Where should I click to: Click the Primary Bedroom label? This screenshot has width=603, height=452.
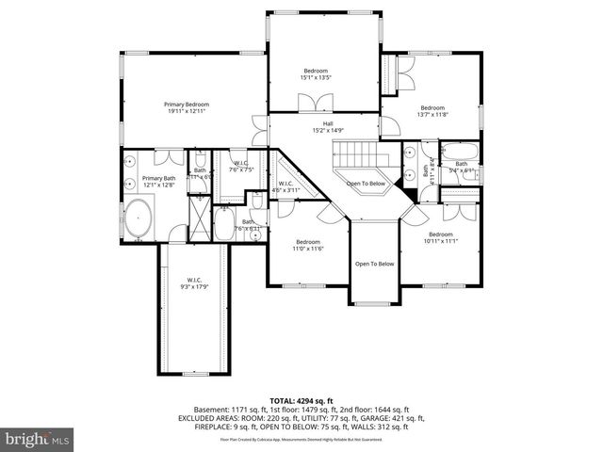pyautogui.click(x=186, y=107)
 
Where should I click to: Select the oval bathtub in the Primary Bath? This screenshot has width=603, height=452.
pyautogui.click(x=140, y=218)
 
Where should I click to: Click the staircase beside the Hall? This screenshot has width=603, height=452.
pyautogui.click(x=359, y=153)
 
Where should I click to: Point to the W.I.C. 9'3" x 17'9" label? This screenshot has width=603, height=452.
pyautogui.click(x=194, y=282)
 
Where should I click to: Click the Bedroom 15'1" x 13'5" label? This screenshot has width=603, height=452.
pyautogui.click(x=316, y=74)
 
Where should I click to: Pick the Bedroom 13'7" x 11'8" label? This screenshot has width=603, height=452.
pyautogui.click(x=432, y=110)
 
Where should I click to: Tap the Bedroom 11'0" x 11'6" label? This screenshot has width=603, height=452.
pyautogui.click(x=309, y=244)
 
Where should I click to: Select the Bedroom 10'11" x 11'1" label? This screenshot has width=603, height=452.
pyautogui.click(x=440, y=237)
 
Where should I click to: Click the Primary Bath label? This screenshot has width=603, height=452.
pyautogui.click(x=158, y=182)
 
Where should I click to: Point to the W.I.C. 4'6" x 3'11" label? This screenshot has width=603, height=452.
pyautogui.click(x=285, y=186)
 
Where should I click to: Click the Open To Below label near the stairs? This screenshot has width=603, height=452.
pyautogui.click(x=366, y=183)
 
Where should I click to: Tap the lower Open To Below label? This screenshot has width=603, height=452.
pyautogui.click(x=374, y=264)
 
